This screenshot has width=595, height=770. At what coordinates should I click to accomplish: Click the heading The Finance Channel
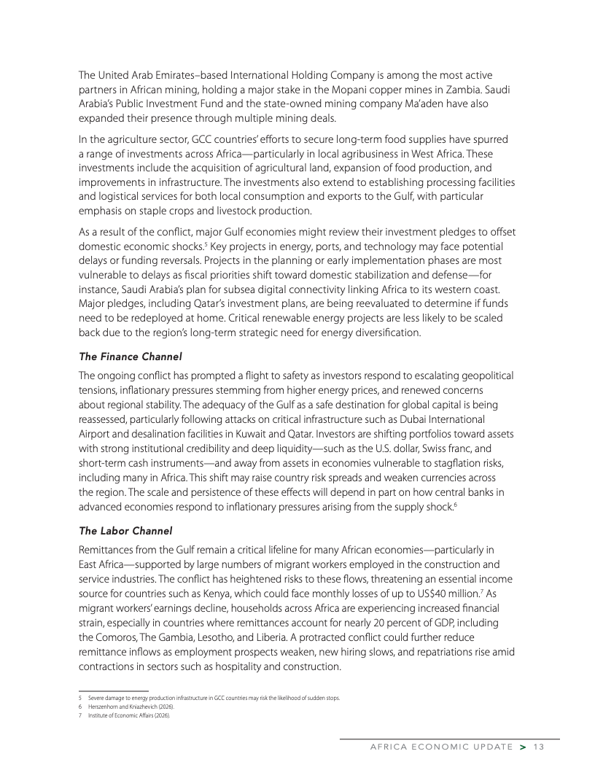(130, 357)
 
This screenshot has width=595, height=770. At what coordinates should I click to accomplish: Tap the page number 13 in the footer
(539, 746)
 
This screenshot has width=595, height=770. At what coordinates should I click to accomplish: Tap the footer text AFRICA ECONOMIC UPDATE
(441, 746)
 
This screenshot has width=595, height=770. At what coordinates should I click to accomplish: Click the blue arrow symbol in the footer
(523, 746)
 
